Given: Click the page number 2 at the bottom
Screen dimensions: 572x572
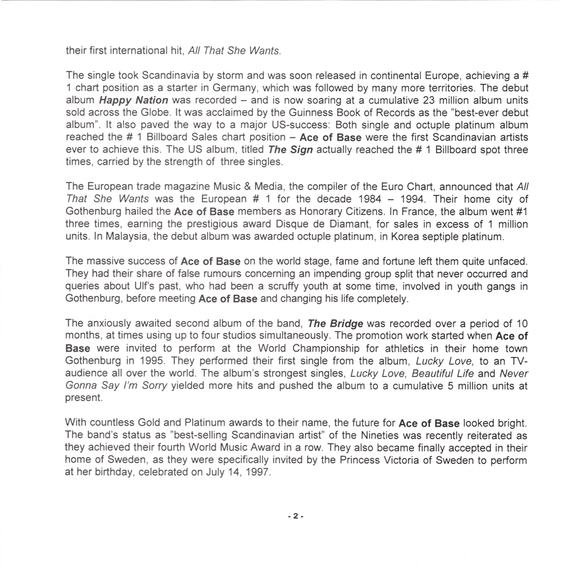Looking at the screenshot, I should tap(295, 516).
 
